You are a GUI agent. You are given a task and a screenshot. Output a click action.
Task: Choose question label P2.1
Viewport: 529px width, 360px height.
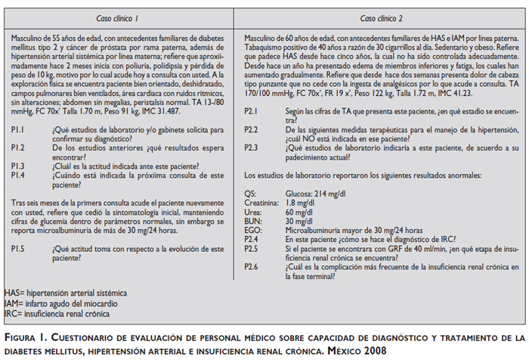pyautogui.click(x=252, y=111)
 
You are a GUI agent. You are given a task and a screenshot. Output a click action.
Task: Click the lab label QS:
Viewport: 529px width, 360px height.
pyautogui.click(x=250, y=194)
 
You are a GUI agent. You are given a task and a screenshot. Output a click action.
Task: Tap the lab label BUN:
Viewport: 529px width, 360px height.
pyautogui.click(x=252, y=221)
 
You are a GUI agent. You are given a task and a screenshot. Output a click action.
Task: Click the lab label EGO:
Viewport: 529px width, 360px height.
pyautogui.click(x=252, y=230)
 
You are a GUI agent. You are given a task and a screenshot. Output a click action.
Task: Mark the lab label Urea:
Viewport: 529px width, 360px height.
pyautogui.click(x=253, y=212)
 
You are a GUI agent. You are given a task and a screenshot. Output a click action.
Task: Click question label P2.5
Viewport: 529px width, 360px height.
pyautogui.click(x=252, y=247)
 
